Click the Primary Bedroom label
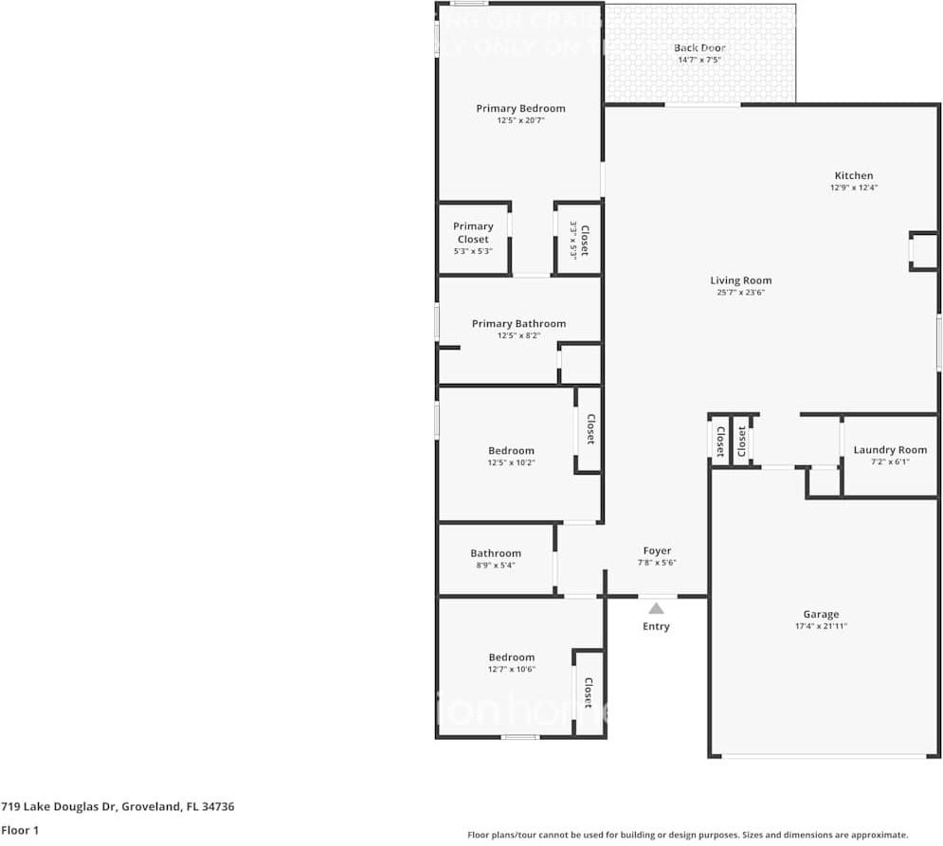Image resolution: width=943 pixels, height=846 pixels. coord(520,109)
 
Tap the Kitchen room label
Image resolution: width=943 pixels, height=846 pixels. coord(853,175)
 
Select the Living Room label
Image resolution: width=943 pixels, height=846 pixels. coord(741,280)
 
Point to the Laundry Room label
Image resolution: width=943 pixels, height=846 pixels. coord(890,450)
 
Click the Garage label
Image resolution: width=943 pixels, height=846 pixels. coord(821,614)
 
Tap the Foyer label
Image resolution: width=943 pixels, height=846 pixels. coord(657,550)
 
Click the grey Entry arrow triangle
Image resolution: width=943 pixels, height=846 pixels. coord(656,608)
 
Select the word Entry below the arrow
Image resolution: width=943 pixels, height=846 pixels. coord(656,626)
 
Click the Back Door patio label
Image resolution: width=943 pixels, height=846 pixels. coord(699,47)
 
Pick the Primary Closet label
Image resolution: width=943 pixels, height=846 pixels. coord(473,233)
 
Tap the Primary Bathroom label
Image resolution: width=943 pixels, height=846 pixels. coord(518,324)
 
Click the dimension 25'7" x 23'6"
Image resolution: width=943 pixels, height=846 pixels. coord(741,293)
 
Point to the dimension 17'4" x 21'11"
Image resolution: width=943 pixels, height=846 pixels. coord(821,626)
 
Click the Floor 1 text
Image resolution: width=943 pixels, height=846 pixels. coord(20,830)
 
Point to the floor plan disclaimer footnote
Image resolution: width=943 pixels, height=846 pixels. coord(688,835)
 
